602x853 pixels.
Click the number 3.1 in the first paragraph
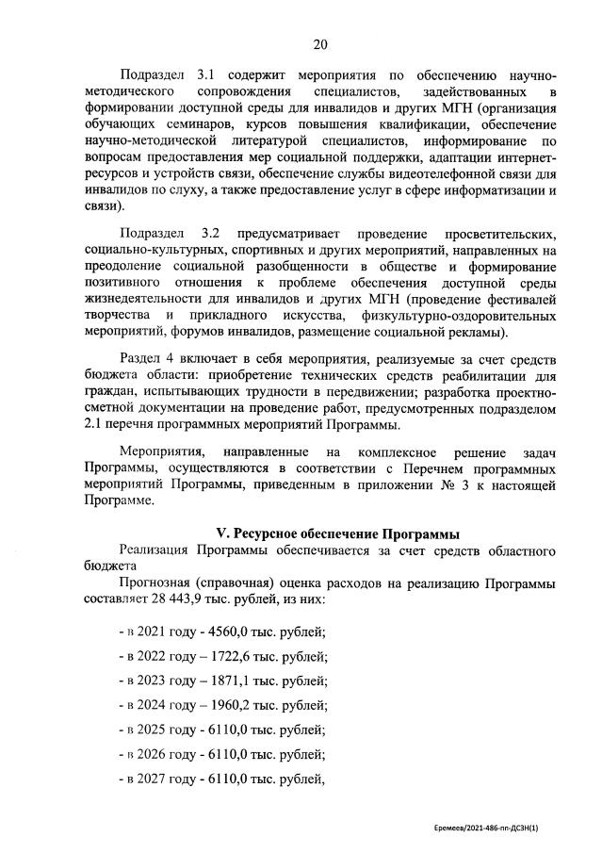click(208, 74)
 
